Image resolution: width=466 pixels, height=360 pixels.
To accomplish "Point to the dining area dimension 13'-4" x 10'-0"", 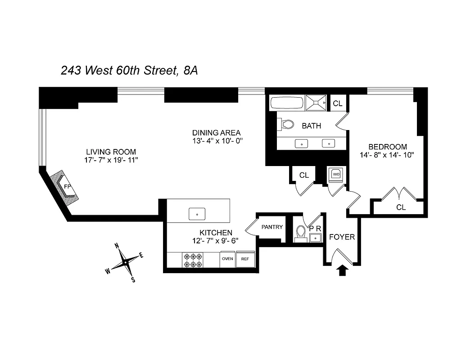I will [217, 141].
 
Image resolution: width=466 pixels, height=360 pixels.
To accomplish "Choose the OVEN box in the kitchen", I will [227, 259].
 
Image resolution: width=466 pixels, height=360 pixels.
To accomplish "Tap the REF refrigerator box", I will [245, 259].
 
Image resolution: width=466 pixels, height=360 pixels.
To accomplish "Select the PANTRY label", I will [272, 227].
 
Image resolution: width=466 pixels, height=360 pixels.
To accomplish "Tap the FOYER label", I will [342, 237].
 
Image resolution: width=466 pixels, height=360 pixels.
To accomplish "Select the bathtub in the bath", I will [286, 103].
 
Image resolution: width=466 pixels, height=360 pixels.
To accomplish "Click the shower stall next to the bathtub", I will [317, 103].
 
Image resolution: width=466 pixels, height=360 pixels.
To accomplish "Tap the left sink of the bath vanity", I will [300, 144].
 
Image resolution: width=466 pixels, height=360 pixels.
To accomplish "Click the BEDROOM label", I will [387, 147].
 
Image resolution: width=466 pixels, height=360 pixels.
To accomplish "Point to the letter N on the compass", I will [117, 246].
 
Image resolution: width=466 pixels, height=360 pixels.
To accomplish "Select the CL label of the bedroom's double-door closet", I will [401, 207].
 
